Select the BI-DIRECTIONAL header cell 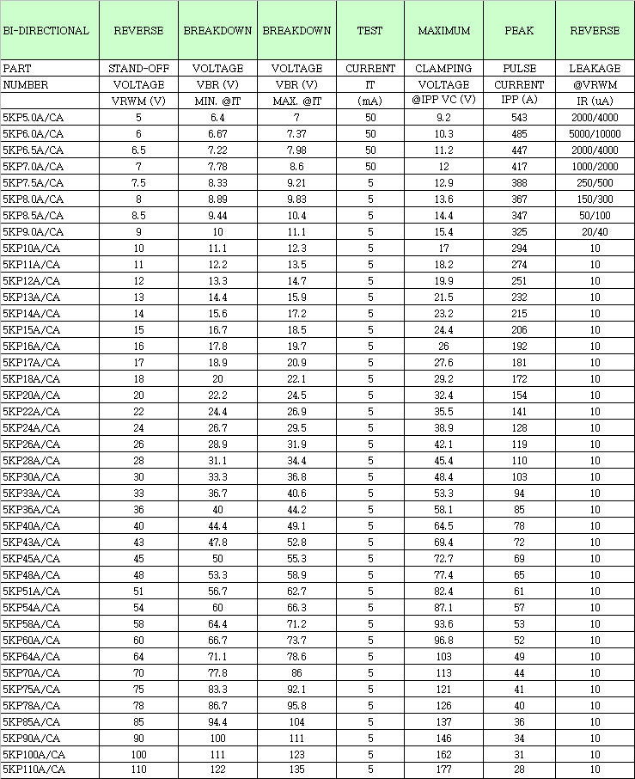46,31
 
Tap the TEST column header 370,31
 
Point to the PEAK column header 519,31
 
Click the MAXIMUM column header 443,31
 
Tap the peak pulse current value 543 519,118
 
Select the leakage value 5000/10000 595,134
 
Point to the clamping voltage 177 443,770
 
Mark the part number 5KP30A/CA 32,476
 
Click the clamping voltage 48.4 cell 443,476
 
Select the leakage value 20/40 595,232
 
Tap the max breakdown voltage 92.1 296,689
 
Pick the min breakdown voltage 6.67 217,134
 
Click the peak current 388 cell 519,183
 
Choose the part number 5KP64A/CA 32,656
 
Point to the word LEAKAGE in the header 595,69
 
